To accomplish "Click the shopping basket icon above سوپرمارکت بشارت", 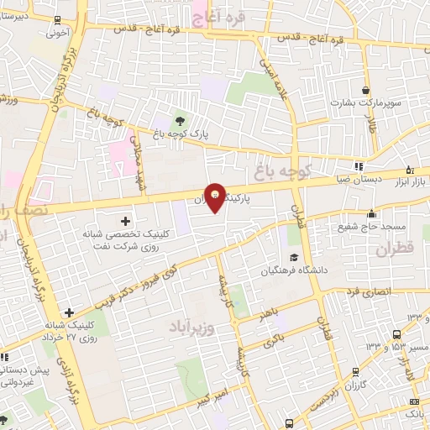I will (365, 90).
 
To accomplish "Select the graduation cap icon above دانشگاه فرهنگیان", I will (294, 257).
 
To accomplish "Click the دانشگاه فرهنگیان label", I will (293, 270).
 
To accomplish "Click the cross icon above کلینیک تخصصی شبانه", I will (126, 221).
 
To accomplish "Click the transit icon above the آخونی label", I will (56, 20).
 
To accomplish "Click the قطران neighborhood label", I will (396, 249).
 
